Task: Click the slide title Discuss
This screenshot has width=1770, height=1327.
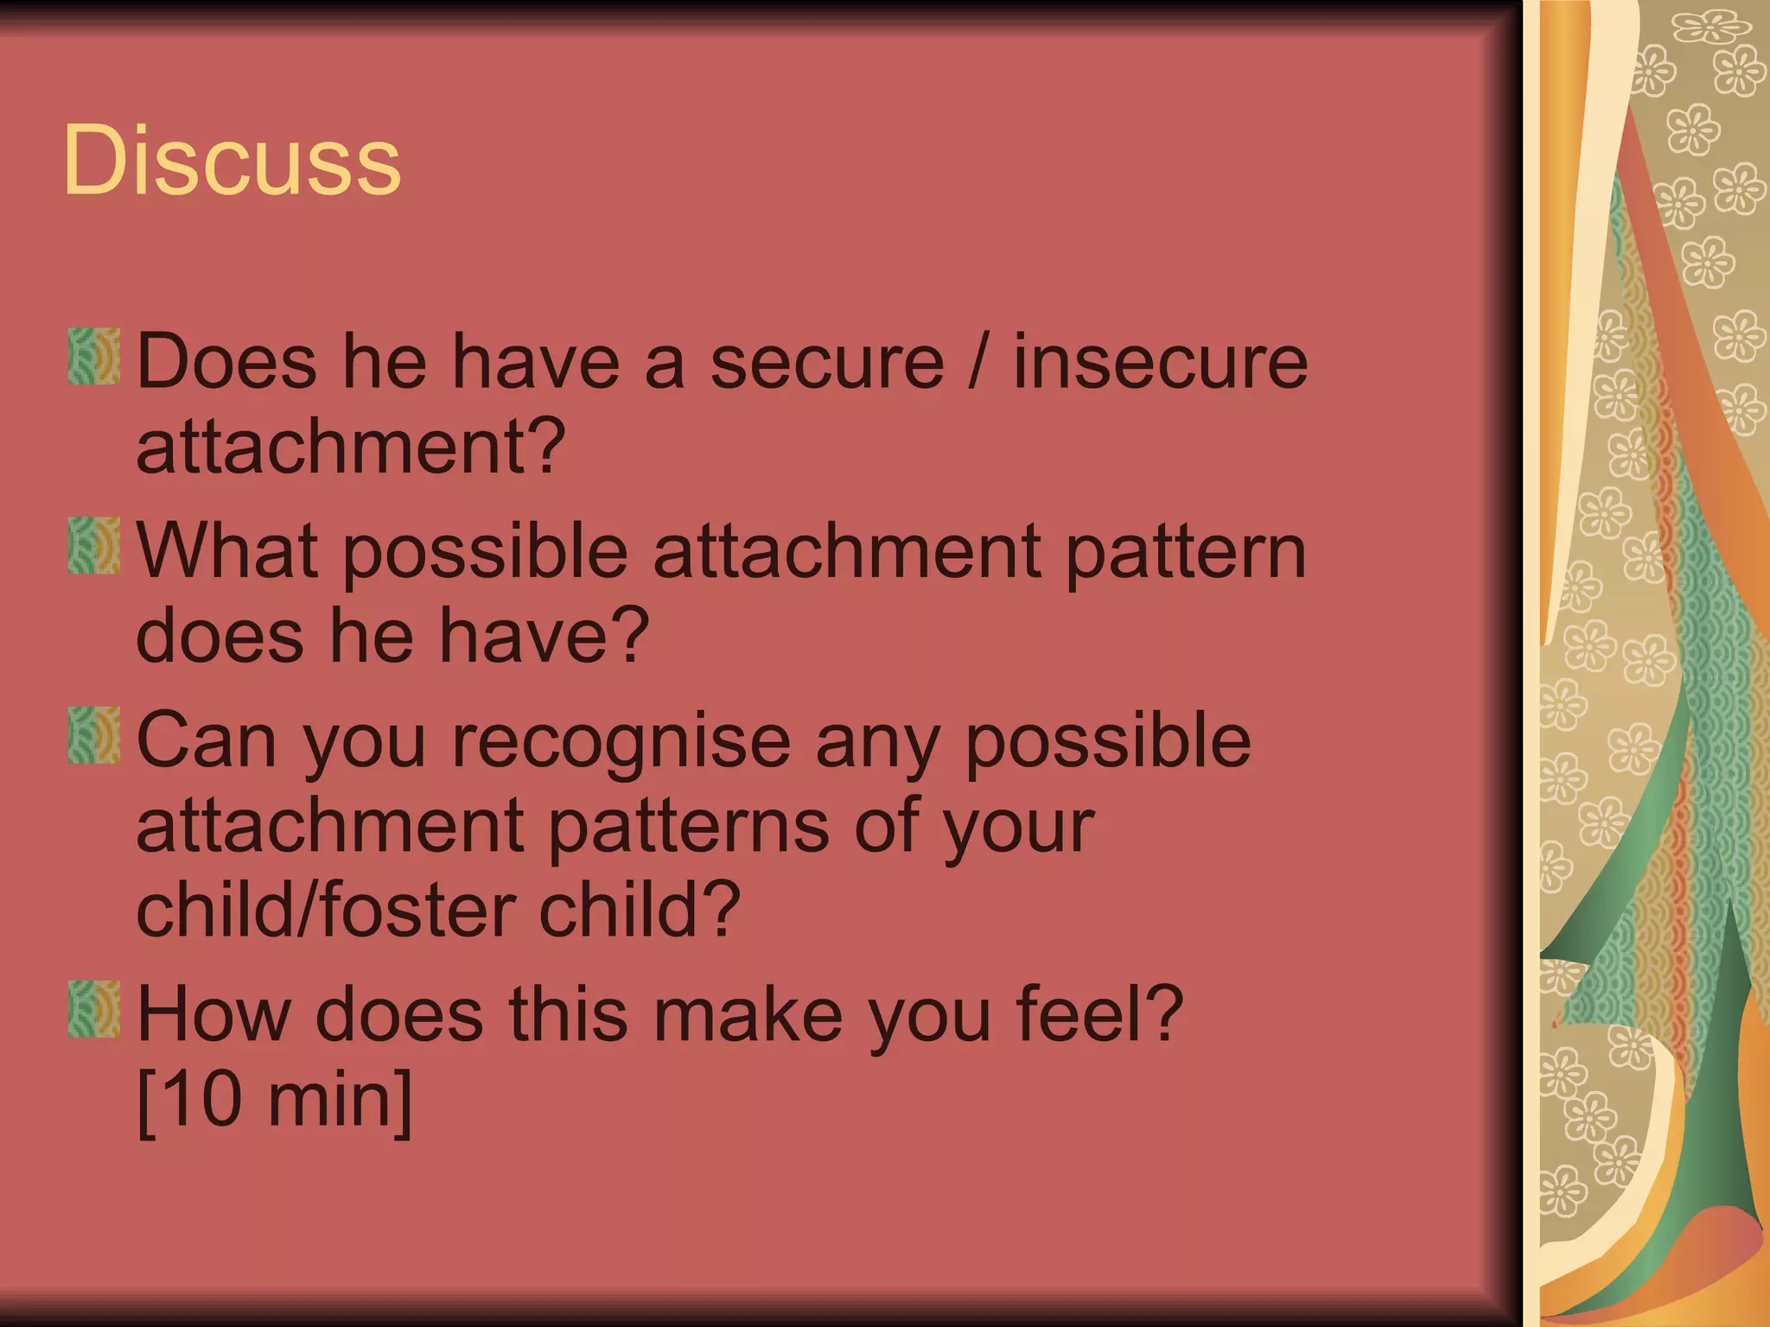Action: (x=232, y=161)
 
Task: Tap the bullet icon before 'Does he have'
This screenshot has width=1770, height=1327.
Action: (x=94, y=355)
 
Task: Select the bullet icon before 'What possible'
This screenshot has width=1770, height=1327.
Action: (x=94, y=545)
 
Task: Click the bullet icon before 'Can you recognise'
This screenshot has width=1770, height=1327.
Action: (x=94, y=735)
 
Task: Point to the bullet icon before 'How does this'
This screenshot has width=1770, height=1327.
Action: (x=94, y=1009)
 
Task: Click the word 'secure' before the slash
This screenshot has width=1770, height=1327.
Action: (x=827, y=363)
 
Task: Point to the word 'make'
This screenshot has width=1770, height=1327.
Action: (x=748, y=1013)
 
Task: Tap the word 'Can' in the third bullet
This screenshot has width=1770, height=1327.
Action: (x=206, y=740)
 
